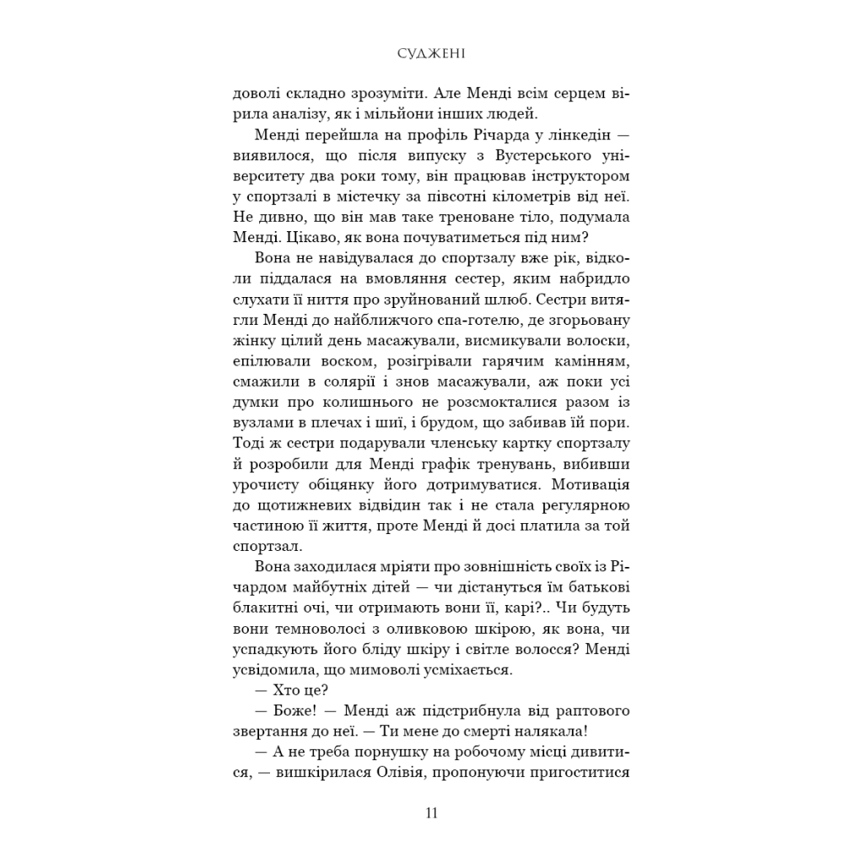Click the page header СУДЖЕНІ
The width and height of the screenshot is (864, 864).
[x=432, y=55]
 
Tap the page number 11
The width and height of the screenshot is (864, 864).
[x=431, y=813]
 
